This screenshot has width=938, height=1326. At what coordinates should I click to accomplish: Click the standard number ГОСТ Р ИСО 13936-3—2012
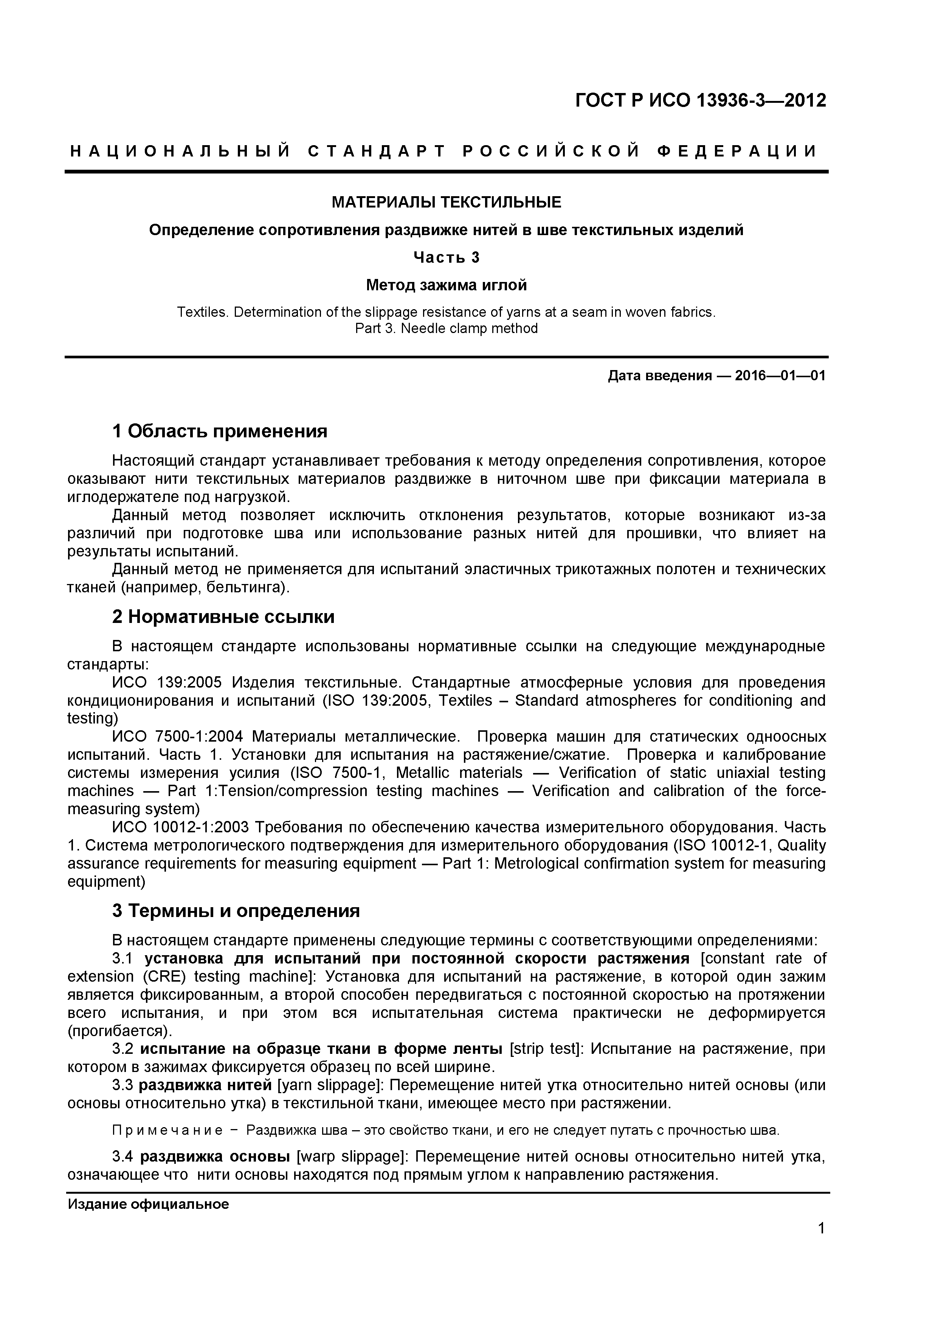click(x=701, y=101)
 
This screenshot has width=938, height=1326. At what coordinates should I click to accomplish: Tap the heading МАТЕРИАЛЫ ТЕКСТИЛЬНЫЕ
click(x=446, y=202)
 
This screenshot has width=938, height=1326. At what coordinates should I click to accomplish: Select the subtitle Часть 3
click(x=446, y=257)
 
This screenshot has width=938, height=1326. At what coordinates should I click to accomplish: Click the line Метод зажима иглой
click(x=446, y=285)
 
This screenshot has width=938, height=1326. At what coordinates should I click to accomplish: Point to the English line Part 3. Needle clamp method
click(x=446, y=328)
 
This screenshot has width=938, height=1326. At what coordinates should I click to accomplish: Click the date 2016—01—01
click(x=780, y=376)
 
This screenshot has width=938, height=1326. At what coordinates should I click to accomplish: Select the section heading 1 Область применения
click(x=220, y=431)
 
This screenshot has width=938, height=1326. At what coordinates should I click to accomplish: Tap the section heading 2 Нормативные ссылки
click(x=223, y=617)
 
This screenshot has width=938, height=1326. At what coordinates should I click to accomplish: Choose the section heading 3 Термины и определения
click(x=236, y=911)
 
